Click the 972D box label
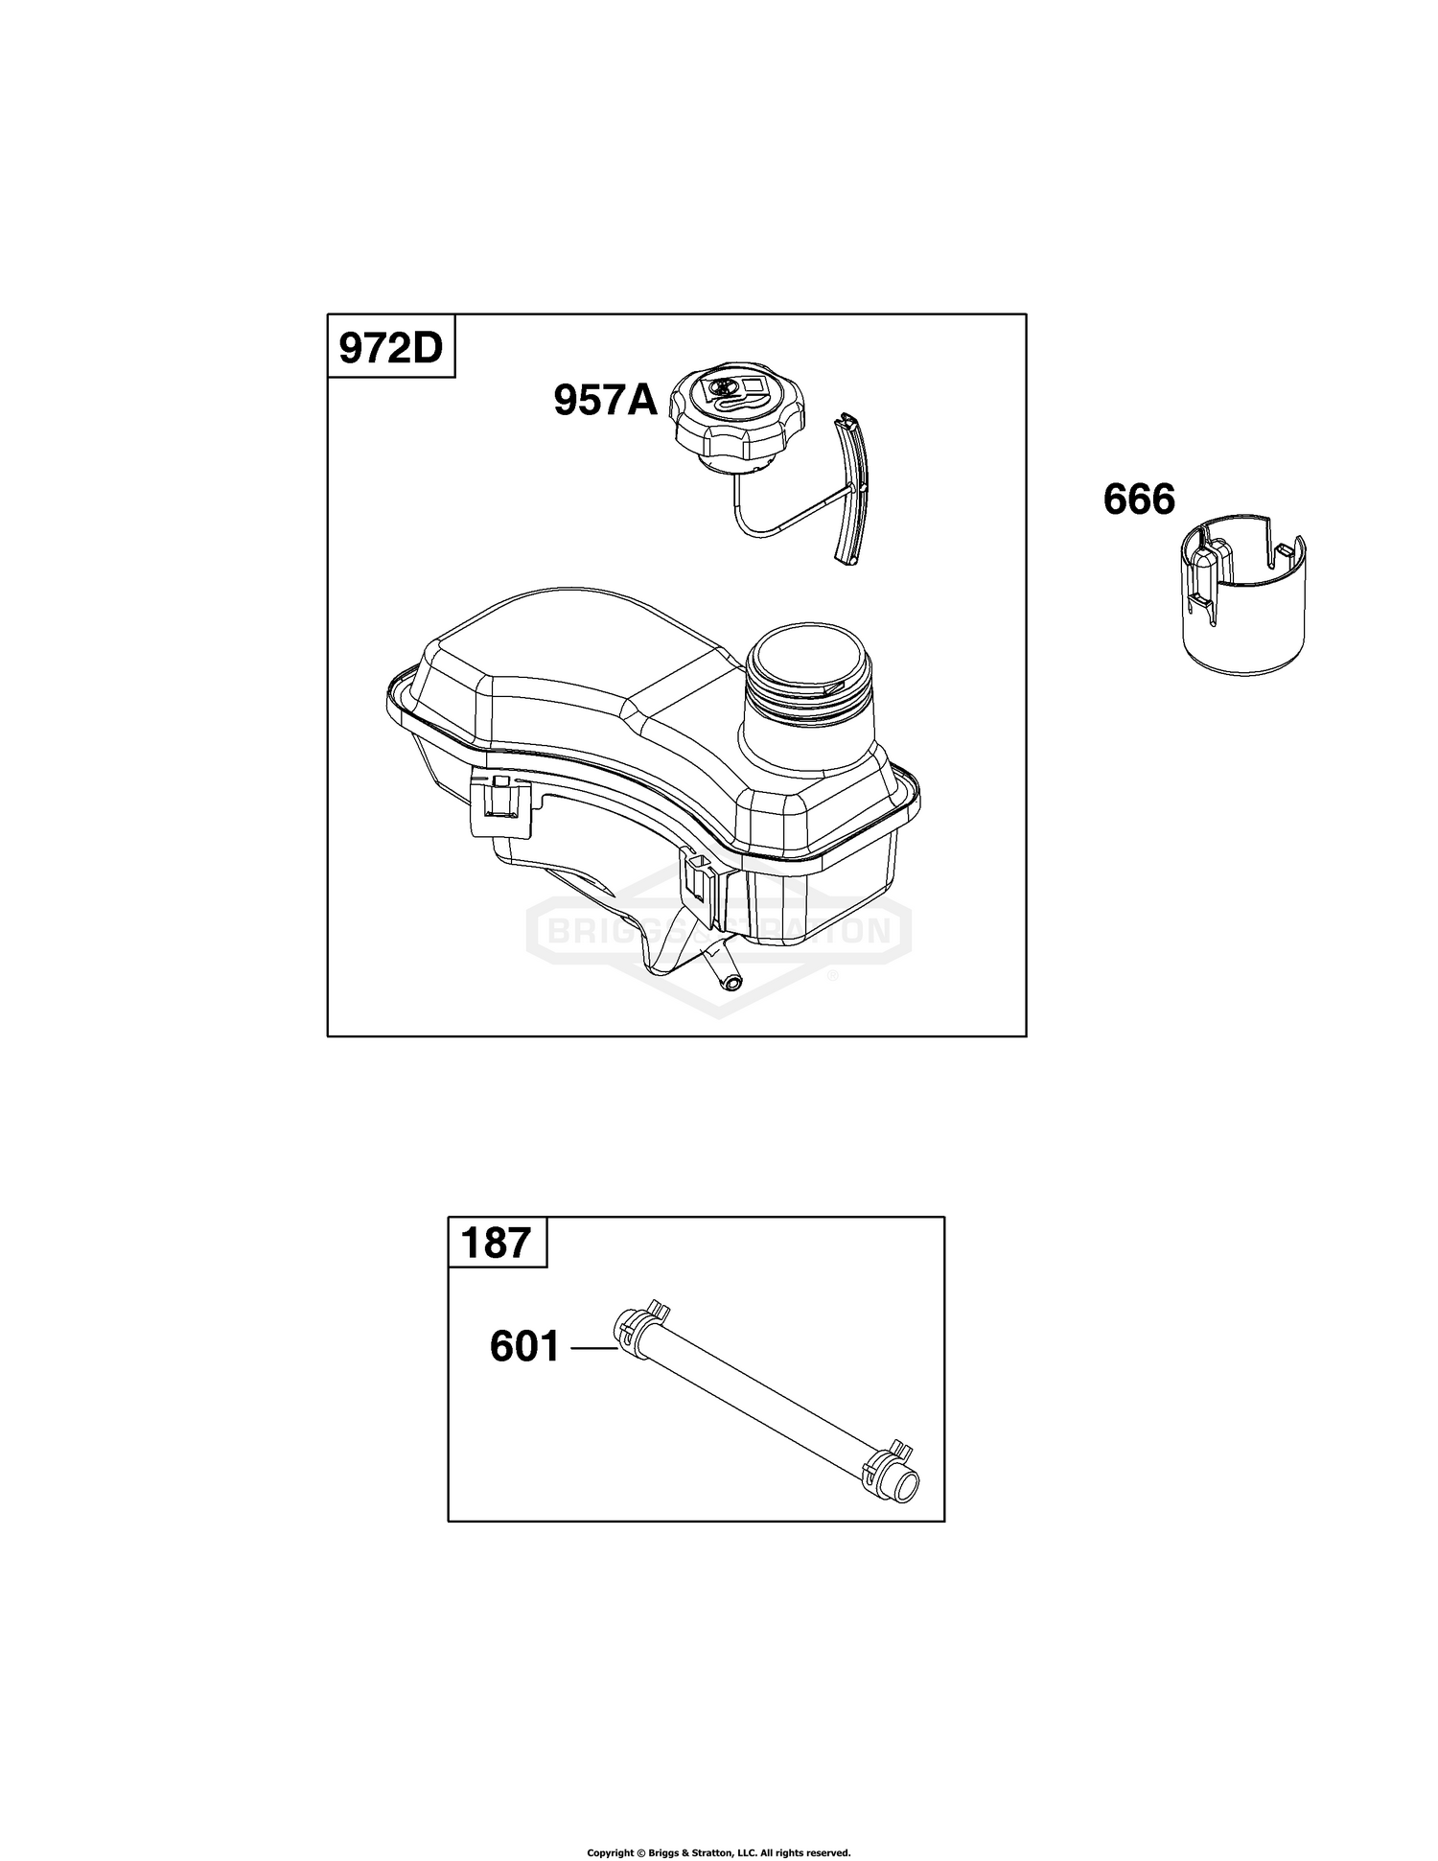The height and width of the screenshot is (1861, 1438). point(392,347)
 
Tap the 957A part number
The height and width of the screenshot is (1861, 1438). point(606,400)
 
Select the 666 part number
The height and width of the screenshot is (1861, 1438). point(1139,500)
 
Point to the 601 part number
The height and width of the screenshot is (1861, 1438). point(524,1347)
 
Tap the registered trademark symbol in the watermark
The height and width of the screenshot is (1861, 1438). point(831,975)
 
